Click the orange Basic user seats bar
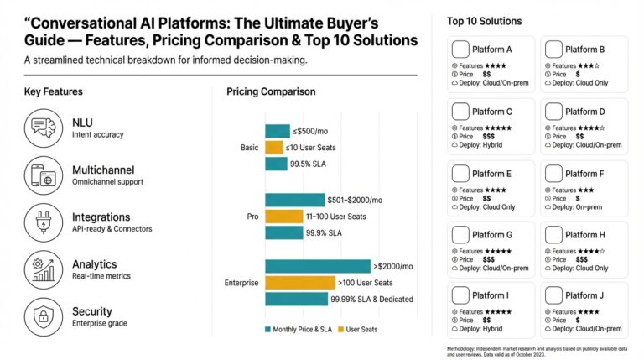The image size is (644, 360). coord(274,148)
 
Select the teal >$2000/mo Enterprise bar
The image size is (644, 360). coord(318,266)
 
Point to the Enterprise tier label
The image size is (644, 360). coord(241,283)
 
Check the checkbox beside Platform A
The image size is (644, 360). coord(460,50)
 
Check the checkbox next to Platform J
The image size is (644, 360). coord(553,295)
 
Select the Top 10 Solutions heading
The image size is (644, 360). coord(484,21)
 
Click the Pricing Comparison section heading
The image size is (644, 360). coord(271,91)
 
